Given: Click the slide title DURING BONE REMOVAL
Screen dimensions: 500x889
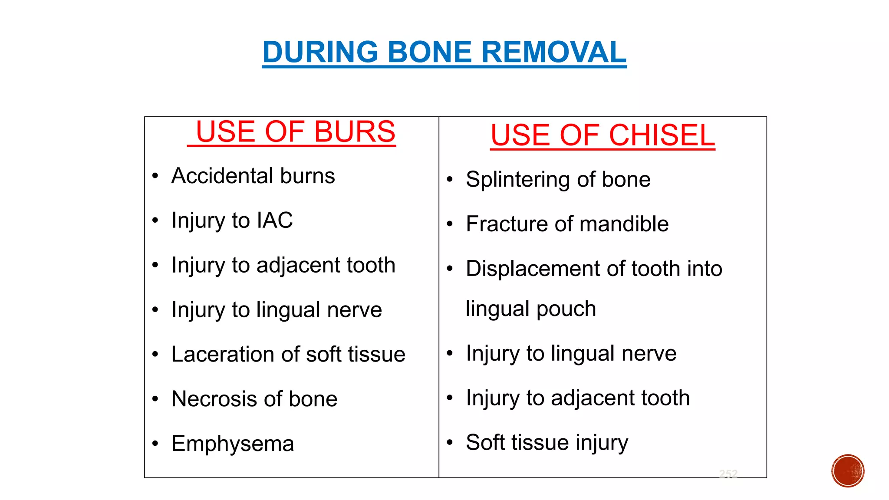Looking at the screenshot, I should click(x=444, y=52).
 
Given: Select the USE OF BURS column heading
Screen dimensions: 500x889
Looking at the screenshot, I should click(x=295, y=132).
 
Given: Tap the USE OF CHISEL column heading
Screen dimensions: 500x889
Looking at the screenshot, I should click(x=603, y=135).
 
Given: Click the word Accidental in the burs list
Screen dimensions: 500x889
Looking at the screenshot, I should click(x=222, y=176).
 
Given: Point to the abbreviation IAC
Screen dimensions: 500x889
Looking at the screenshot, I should click(x=275, y=220).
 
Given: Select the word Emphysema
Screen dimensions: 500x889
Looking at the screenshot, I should click(x=233, y=444).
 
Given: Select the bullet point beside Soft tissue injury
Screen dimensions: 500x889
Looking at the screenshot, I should click(x=450, y=443).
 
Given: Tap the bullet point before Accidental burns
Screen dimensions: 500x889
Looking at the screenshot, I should click(x=155, y=176).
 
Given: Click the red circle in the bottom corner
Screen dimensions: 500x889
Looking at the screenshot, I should click(x=848, y=471).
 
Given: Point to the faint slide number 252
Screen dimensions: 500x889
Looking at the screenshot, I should click(x=728, y=474).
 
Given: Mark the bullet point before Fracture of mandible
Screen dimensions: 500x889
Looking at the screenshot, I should click(x=450, y=224).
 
